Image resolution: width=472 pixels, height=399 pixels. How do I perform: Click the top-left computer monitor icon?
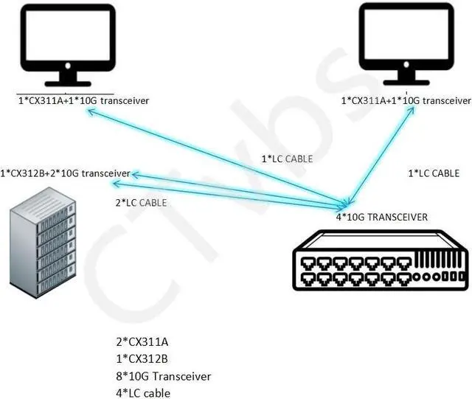68,45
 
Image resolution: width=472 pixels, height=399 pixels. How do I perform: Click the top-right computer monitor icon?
406,44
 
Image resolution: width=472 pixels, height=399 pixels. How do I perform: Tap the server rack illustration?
43,243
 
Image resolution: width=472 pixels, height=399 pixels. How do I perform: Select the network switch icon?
381,260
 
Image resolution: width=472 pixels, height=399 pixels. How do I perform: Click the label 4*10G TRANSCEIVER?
382,217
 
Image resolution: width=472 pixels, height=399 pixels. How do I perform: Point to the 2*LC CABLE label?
141,203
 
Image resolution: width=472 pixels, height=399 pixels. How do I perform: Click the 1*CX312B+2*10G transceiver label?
66,173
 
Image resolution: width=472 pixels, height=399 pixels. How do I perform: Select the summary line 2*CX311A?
142,342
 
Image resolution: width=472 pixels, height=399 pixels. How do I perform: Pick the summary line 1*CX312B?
142,359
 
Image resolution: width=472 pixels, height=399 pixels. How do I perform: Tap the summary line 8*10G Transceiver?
164,376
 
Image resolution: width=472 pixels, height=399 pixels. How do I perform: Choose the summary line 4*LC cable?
143,393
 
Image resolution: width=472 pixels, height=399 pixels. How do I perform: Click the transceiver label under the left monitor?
83,100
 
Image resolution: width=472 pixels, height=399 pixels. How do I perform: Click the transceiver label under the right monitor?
406,100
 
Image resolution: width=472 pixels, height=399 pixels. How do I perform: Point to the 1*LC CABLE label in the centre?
287,159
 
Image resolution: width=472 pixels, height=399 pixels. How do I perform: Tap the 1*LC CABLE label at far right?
434,173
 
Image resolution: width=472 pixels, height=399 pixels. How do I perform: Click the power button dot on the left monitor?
68,66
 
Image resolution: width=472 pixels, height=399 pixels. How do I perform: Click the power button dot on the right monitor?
406,64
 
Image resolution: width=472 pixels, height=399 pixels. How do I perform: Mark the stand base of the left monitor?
68,84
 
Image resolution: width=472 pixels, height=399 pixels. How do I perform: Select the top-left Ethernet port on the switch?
308,264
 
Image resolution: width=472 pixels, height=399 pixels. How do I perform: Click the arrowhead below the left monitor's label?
89,111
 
